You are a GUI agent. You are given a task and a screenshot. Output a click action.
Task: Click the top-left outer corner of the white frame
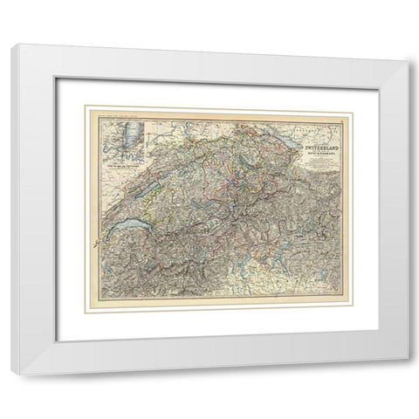click(12, 45)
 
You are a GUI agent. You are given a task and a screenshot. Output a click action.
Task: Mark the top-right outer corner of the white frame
click(408, 45)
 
